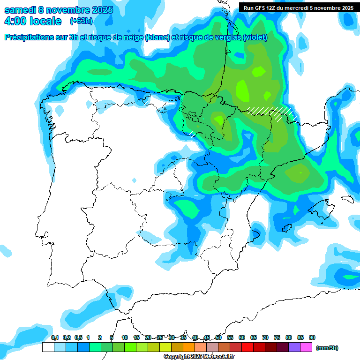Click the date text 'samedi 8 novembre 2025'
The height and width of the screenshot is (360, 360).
point(59,10)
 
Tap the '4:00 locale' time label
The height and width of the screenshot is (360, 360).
point(33,21)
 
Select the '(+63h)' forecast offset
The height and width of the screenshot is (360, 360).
point(81,21)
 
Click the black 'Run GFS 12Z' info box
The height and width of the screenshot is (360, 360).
point(299,7)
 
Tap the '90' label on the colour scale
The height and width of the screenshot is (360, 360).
point(312,337)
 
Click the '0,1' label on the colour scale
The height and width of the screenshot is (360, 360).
point(54,337)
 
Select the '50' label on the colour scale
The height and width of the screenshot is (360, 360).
point(218,337)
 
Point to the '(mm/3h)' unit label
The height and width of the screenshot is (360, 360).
point(327,348)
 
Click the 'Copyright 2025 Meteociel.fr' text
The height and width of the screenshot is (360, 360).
point(199,357)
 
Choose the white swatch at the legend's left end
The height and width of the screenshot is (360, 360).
point(48,347)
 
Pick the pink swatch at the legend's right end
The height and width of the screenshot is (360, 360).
point(306,347)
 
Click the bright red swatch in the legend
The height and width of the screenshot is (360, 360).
point(247,347)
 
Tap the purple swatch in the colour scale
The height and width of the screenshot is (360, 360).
point(294,347)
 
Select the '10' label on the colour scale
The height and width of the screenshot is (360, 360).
point(125,337)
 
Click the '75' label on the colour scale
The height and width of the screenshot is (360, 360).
point(277,337)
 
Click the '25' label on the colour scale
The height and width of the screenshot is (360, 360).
point(160,337)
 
